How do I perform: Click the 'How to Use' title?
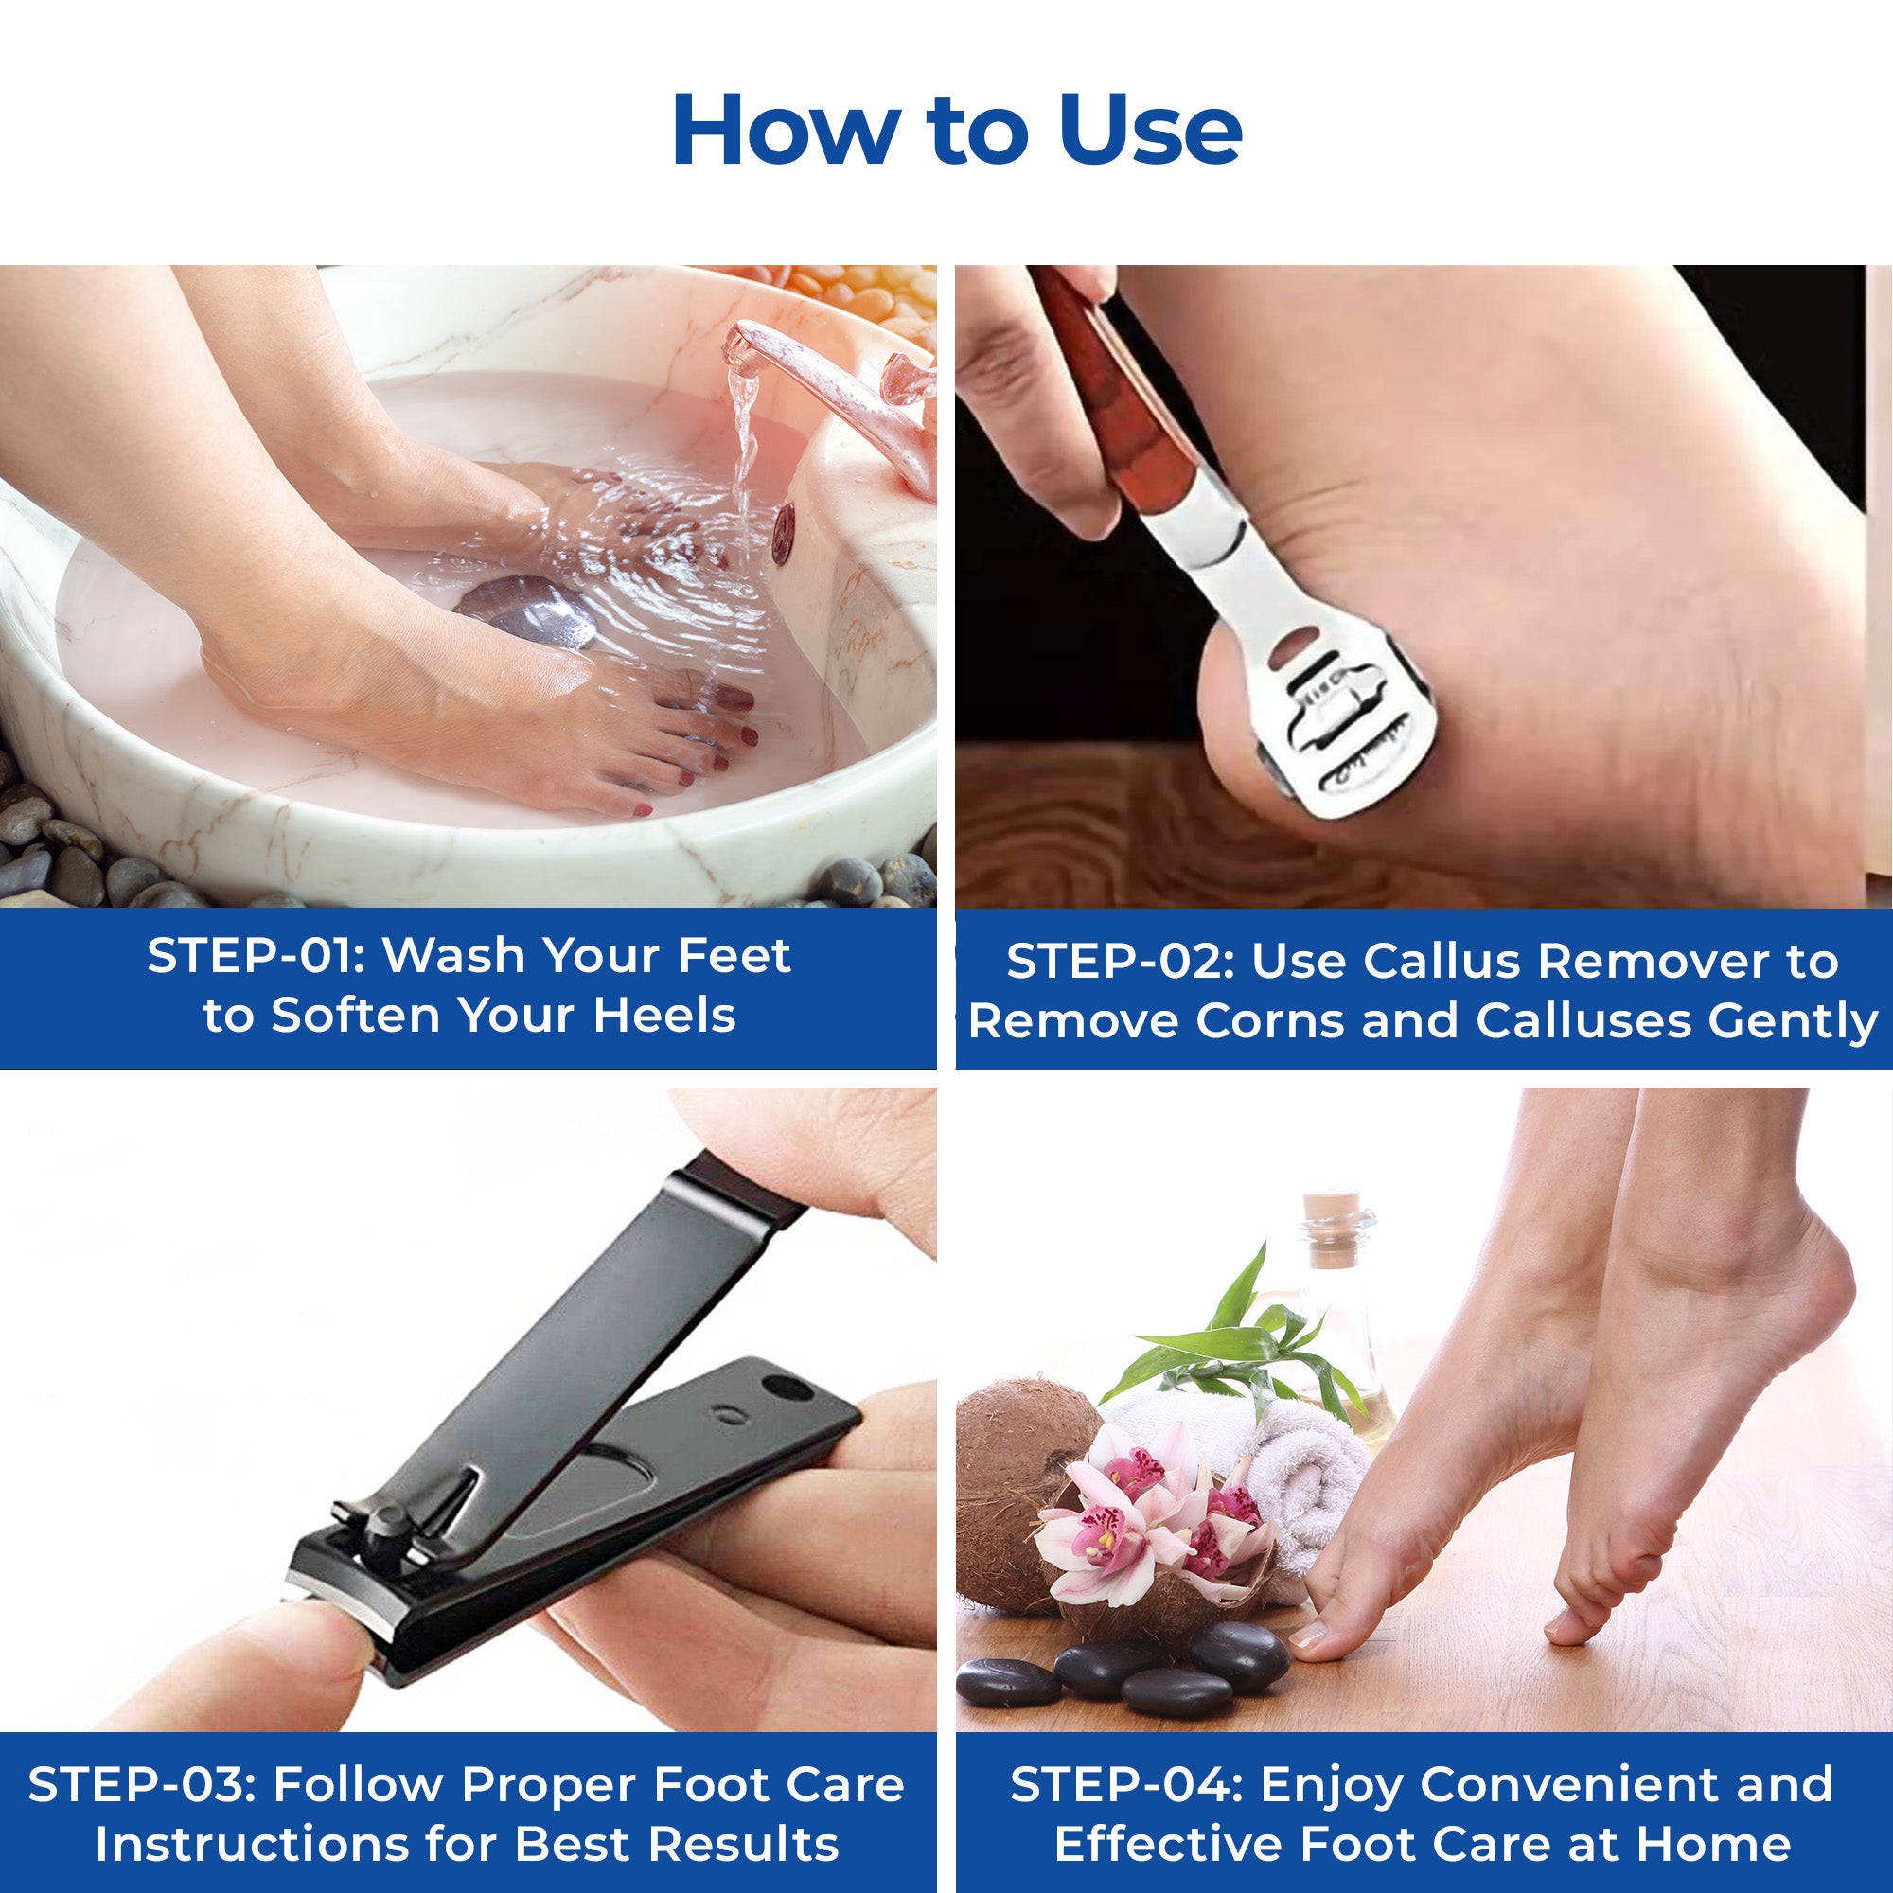click(956, 132)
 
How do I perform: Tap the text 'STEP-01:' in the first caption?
click(256, 956)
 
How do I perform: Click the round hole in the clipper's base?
click(787, 1388)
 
